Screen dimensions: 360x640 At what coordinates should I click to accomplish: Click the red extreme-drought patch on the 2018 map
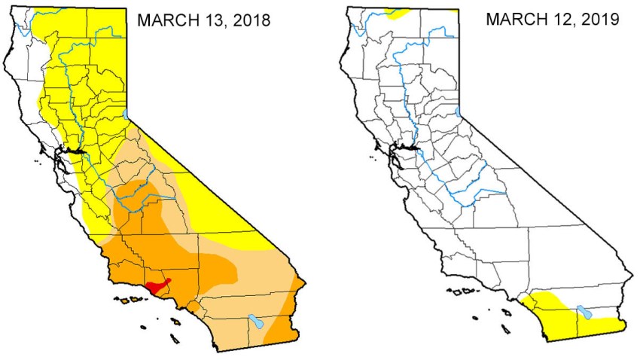tap(158, 287)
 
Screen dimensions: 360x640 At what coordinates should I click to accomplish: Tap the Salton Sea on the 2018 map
tap(257, 322)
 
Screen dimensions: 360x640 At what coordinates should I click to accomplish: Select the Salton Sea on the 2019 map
tap(584, 313)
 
